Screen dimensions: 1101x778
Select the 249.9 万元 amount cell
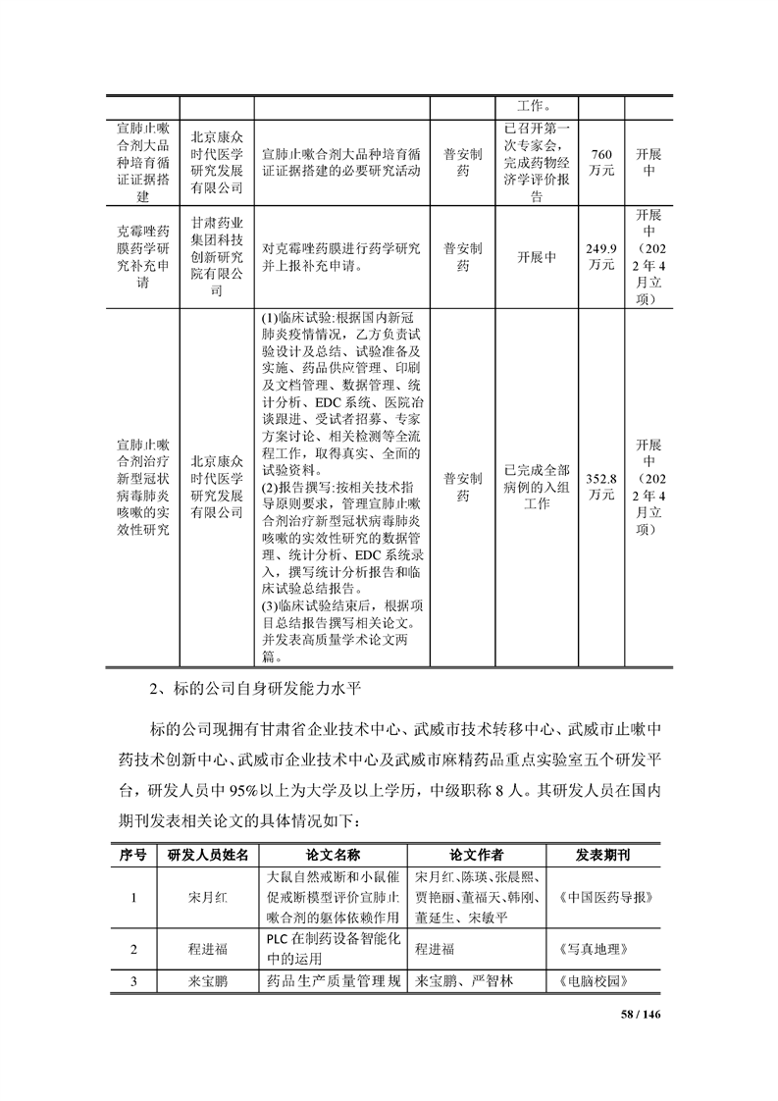(601, 257)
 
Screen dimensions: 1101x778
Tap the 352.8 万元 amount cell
(601, 487)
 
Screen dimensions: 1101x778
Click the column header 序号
(132, 854)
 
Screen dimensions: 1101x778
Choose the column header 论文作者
(476, 854)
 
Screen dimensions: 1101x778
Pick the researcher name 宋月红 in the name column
(207, 898)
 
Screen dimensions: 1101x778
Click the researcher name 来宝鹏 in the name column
(207, 980)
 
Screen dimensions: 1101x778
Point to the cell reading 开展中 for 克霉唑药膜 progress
(537, 257)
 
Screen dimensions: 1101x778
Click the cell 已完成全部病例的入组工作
(537, 487)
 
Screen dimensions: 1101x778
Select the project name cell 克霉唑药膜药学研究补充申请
(142, 257)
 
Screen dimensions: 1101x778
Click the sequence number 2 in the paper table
(132, 949)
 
